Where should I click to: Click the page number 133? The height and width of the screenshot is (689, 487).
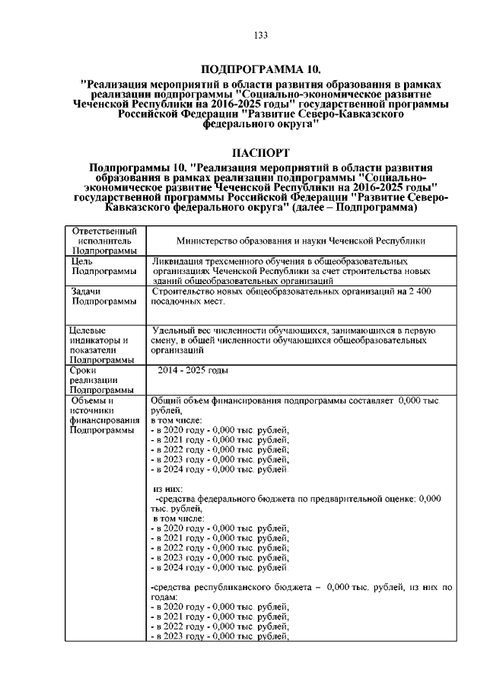pyautogui.click(x=259, y=35)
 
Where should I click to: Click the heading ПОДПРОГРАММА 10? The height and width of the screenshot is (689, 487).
pyautogui.click(x=260, y=69)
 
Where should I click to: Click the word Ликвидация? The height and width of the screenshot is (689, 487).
pyautogui.click(x=178, y=260)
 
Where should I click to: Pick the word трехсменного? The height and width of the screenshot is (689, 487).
pyautogui.click(x=239, y=260)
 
